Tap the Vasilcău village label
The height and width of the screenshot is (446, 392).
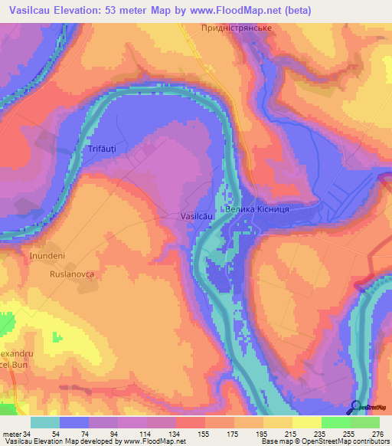click(195, 217)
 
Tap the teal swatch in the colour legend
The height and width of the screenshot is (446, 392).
click(45, 422)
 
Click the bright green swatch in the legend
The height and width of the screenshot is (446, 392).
click(335, 422)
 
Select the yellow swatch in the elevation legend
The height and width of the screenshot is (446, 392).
click(306, 422)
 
